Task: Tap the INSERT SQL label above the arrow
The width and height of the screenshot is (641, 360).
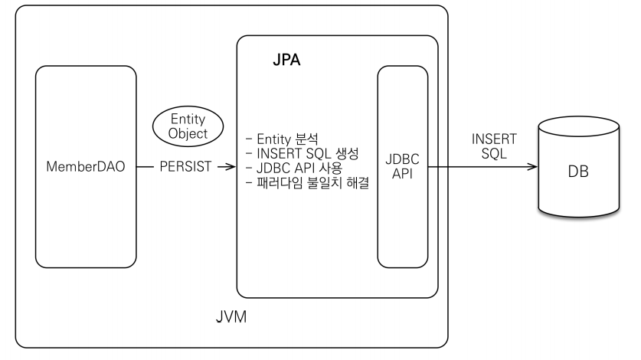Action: pos(494,147)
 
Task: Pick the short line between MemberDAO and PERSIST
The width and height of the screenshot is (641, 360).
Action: pos(145,165)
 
